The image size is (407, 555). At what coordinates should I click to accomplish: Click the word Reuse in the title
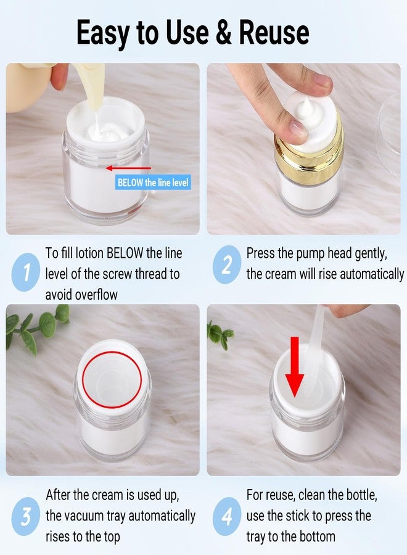point(274,33)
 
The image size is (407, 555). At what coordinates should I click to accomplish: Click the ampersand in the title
point(223,33)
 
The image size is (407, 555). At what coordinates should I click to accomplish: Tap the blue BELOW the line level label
point(153,183)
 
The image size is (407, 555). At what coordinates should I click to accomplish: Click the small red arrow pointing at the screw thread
point(128,168)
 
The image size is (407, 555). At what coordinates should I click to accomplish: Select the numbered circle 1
point(25,272)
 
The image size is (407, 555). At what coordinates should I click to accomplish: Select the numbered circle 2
point(227,265)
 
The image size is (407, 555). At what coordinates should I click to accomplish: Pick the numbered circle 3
point(25,516)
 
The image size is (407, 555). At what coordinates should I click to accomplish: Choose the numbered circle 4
point(227,516)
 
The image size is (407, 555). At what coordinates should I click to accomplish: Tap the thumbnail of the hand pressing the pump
point(303,149)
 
